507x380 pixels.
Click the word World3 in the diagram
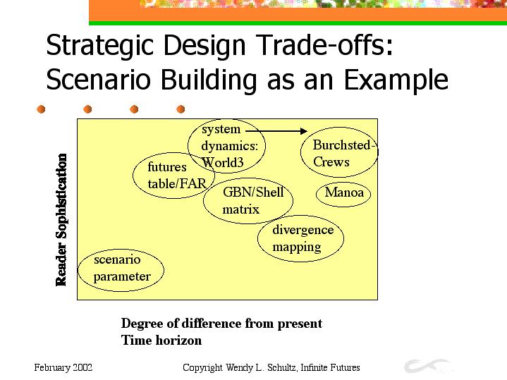point(222,162)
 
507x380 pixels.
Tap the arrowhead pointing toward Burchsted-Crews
point(304,131)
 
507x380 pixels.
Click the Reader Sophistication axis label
point(61,220)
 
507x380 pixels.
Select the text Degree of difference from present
point(221,324)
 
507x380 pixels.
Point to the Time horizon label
point(161,341)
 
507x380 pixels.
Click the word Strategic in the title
point(99,46)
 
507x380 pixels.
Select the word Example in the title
point(396,80)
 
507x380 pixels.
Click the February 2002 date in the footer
point(63,367)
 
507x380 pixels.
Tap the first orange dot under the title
point(41,109)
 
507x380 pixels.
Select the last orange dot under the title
point(181,109)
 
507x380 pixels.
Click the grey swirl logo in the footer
point(426,365)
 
